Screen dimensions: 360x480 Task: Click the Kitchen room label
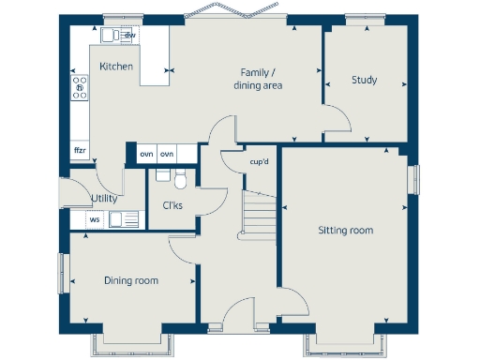116,67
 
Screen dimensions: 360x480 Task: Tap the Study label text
364,80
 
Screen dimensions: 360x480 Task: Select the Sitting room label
345,230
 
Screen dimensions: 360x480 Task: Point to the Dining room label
130,280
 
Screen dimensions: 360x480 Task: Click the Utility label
104,199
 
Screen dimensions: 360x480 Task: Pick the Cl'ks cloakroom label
172,205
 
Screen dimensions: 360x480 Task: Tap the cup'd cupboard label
260,161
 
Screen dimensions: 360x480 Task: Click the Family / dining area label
258,79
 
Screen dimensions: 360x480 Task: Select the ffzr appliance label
80,150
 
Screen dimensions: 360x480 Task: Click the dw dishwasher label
130,35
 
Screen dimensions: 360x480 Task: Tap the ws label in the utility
94,220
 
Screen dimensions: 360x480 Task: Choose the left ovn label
146,154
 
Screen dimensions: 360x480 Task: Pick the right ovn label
167,154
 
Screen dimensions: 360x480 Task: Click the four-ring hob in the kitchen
80,89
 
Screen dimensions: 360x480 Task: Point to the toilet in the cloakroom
182,177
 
